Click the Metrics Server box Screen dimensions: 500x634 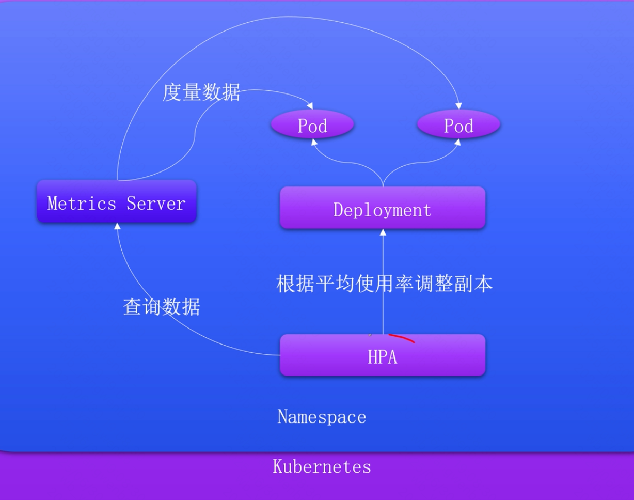pyautogui.click(x=117, y=202)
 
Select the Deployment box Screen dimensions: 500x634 pyautogui.click(x=383, y=208)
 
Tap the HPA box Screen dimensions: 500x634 pyautogui.click(x=383, y=356)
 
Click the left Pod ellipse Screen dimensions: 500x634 pyautogui.click(x=312, y=126)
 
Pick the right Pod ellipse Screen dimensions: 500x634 pyautogui.click(x=458, y=126)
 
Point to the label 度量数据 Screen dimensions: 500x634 pyautogui.click(x=201, y=92)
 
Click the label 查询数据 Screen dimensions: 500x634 pyautogui.click(x=162, y=307)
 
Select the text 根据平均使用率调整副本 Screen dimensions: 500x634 pyautogui.click(x=385, y=284)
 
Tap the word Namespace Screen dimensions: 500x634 pyautogui.click(x=322, y=416)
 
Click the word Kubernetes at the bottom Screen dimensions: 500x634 pyautogui.click(x=322, y=467)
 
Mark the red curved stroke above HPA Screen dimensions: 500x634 pyautogui.click(x=402, y=338)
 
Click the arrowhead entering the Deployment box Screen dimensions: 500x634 pyautogui.click(x=383, y=232)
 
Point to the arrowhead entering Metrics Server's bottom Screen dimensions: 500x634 pyautogui.click(x=117, y=226)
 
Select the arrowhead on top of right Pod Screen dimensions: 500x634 pyautogui.click(x=458, y=106)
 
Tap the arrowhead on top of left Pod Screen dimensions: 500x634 pyautogui.click(x=310, y=106)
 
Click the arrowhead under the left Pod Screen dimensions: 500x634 pyautogui.click(x=313, y=142)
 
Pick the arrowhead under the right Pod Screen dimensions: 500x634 pyautogui.click(x=457, y=142)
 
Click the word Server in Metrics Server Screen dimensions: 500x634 pyautogui.click(x=156, y=203)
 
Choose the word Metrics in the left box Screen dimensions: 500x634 pyautogui.click(x=82, y=203)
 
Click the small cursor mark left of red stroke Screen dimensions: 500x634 pyautogui.click(x=370, y=335)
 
